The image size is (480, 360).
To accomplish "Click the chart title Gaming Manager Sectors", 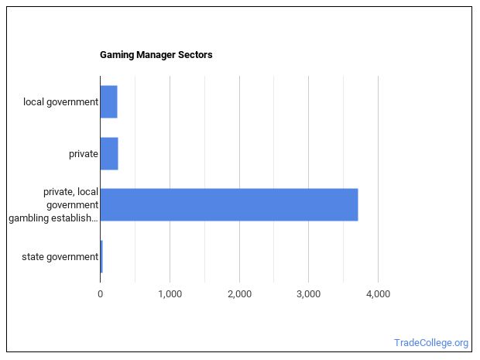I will pyautogui.click(x=156, y=55).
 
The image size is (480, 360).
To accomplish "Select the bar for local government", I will pyautogui.click(x=108, y=102).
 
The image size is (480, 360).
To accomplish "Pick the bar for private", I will pyautogui.click(x=109, y=153).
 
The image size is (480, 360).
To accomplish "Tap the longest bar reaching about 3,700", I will pyautogui.click(x=228, y=204).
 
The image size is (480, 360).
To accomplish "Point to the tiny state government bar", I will pyautogui.click(x=101, y=256).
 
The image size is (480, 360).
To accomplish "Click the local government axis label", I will pyautogui.click(x=60, y=102).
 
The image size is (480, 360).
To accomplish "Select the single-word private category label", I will pyautogui.click(x=83, y=153).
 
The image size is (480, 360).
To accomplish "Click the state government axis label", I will pyautogui.click(x=60, y=256).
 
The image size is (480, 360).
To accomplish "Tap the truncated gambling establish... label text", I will pyautogui.click(x=53, y=218).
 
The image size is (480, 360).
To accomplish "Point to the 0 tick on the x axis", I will pyautogui.click(x=101, y=294).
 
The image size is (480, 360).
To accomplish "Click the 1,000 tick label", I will pyautogui.click(x=170, y=294).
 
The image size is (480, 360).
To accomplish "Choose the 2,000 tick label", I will pyautogui.click(x=239, y=294).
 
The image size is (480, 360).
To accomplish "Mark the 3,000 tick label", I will pyautogui.click(x=308, y=294).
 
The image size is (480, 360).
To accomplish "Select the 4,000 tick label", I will pyautogui.click(x=378, y=294).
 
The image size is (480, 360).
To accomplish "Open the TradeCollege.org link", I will pyautogui.click(x=430, y=343).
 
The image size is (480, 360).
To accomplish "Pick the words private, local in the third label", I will pyautogui.click(x=70, y=191).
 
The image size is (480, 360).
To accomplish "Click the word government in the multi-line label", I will pyautogui.click(x=71, y=204).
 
